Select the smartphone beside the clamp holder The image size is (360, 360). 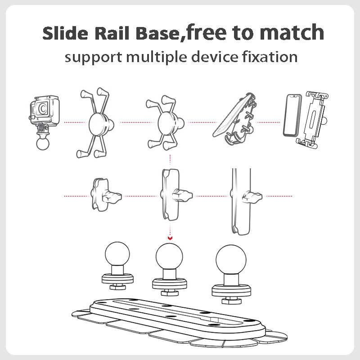click(x=291, y=116)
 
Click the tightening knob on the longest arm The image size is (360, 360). click(x=251, y=196)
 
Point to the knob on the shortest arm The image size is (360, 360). click(x=112, y=196)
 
